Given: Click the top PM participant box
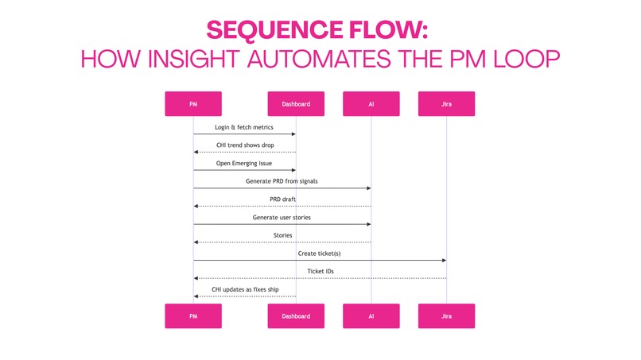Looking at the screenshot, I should [x=193, y=104].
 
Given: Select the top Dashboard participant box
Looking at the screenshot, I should [x=296, y=104].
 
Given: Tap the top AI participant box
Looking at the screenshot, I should [x=371, y=104].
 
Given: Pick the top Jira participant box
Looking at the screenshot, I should [x=446, y=104].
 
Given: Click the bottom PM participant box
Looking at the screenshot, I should [x=193, y=315].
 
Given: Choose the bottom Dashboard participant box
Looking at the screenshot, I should [x=296, y=315].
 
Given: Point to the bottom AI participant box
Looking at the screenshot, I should [x=371, y=315].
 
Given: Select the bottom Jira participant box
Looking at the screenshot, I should [x=446, y=315].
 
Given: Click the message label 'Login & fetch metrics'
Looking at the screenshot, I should [x=244, y=127].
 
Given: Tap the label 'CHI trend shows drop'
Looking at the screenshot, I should [x=244, y=145].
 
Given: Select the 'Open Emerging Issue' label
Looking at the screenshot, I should [x=244, y=163].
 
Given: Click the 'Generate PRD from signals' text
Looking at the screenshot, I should [x=282, y=181].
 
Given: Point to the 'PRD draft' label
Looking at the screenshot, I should [x=282, y=199].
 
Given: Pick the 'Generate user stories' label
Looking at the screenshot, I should [x=282, y=217].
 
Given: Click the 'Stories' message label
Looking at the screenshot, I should [x=282, y=235].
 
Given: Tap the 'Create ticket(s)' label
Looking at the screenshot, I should [x=320, y=254].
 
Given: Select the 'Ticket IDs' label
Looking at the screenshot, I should [x=320, y=271].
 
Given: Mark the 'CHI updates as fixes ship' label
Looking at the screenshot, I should [x=244, y=289].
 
